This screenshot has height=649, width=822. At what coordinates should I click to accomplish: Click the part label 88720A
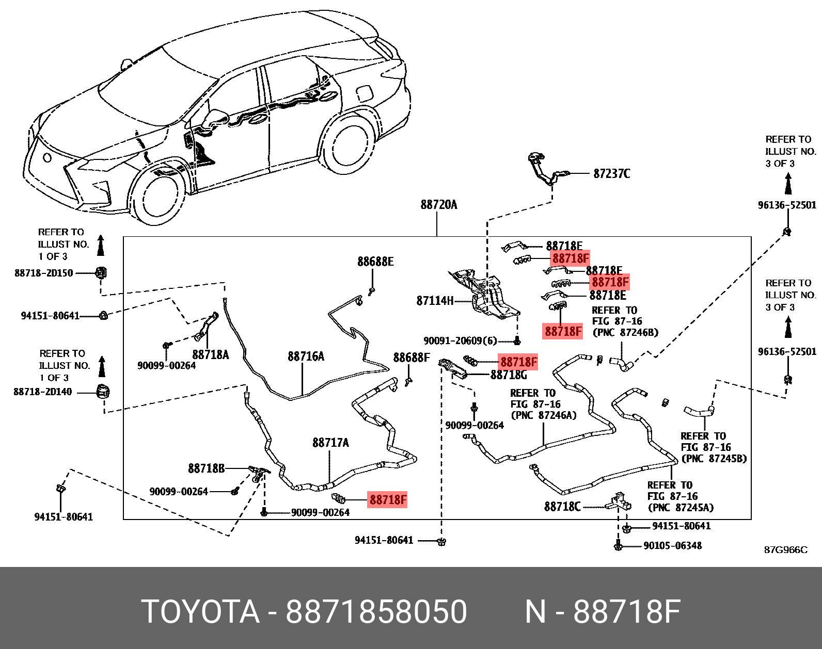pyautogui.click(x=438, y=205)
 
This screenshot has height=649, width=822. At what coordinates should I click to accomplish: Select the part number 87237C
pyautogui.click(x=611, y=174)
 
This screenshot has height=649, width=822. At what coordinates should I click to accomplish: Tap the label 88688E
pyautogui.click(x=375, y=262)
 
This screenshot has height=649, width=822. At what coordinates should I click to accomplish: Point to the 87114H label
pyautogui.click(x=435, y=301)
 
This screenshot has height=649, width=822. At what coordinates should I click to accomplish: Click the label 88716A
pyautogui.click(x=306, y=356)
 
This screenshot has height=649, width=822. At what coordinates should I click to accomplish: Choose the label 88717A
pyautogui.click(x=330, y=443)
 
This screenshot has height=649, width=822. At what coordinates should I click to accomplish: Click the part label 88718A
pyautogui.click(x=210, y=355)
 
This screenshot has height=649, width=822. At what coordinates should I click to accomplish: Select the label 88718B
pyautogui.click(x=206, y=468)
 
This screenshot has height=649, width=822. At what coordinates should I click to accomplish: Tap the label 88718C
pyautogui.click(x=562, y=507)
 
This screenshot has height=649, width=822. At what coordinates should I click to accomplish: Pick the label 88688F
pyautogui.click(x=411, y=358)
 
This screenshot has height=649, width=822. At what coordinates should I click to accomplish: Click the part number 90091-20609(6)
pyautogui.click(x=460, y=340)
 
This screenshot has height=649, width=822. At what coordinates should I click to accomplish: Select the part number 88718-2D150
pyautogui.click(x=44, y=273)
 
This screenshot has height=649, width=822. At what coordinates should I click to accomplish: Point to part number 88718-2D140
pyautogui.click(x=43, y=392)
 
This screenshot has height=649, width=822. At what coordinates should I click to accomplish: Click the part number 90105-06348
pyautogui.click(x=672, y=546)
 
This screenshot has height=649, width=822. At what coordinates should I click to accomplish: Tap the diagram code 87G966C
pyautogui.click(x=785, y=550)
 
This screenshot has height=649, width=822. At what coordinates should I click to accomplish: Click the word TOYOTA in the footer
pyautogui.click(x=200, y=612)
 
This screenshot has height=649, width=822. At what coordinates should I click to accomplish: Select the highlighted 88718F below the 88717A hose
pyautogui.click(x=388, y=499)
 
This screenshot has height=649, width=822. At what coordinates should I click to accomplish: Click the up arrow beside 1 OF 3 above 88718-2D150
pyautogui.click(x=101, y=246)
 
